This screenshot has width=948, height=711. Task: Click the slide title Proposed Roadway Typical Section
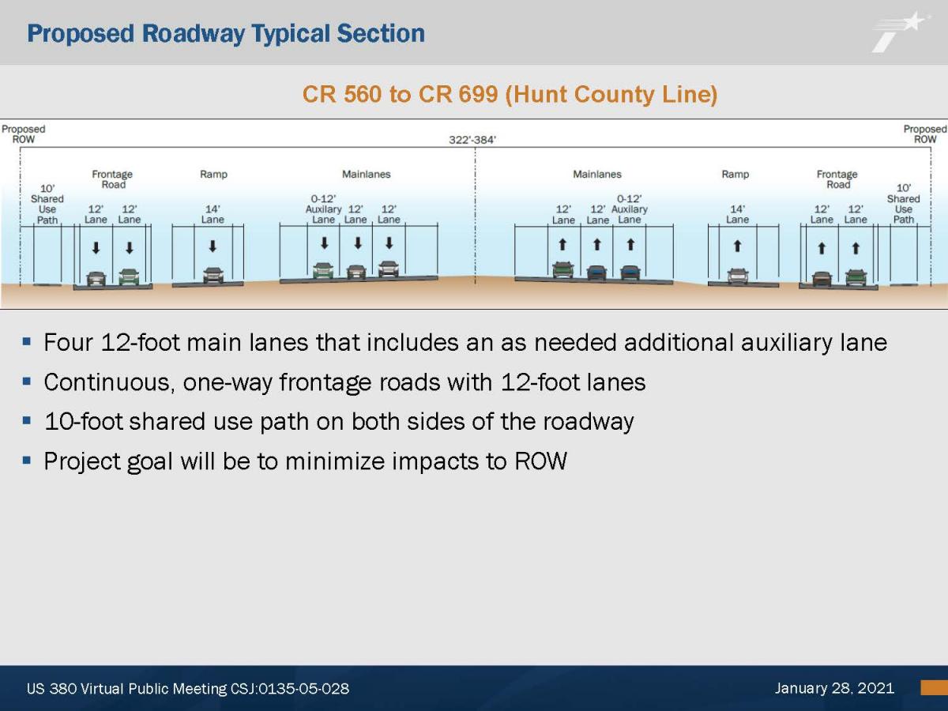click(226, 34)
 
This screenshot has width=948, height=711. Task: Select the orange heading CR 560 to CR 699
click(400, 94)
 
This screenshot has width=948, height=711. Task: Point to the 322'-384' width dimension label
click(472, 140)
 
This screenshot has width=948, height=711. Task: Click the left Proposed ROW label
click(24, 134)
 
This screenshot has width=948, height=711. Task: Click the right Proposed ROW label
click(924, 134)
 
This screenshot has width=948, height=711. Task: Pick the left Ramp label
click(213, 174)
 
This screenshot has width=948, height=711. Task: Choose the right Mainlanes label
click(597, 174)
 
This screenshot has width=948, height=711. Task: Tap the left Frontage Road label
click(112, 179)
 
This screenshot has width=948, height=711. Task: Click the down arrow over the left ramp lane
click(213, 246)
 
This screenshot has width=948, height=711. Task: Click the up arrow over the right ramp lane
click(737, 246)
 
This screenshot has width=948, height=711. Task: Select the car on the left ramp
click(213, 275)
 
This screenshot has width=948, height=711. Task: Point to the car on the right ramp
click(738, 276)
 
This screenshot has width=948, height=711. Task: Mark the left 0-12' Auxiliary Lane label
click(323, 209)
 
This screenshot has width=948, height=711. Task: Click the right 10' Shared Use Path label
click(904, 204)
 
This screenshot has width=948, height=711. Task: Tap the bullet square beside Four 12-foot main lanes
click(27, 342)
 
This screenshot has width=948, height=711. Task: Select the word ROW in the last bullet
click(540, 461)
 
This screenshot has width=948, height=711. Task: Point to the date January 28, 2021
click(834, 687)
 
